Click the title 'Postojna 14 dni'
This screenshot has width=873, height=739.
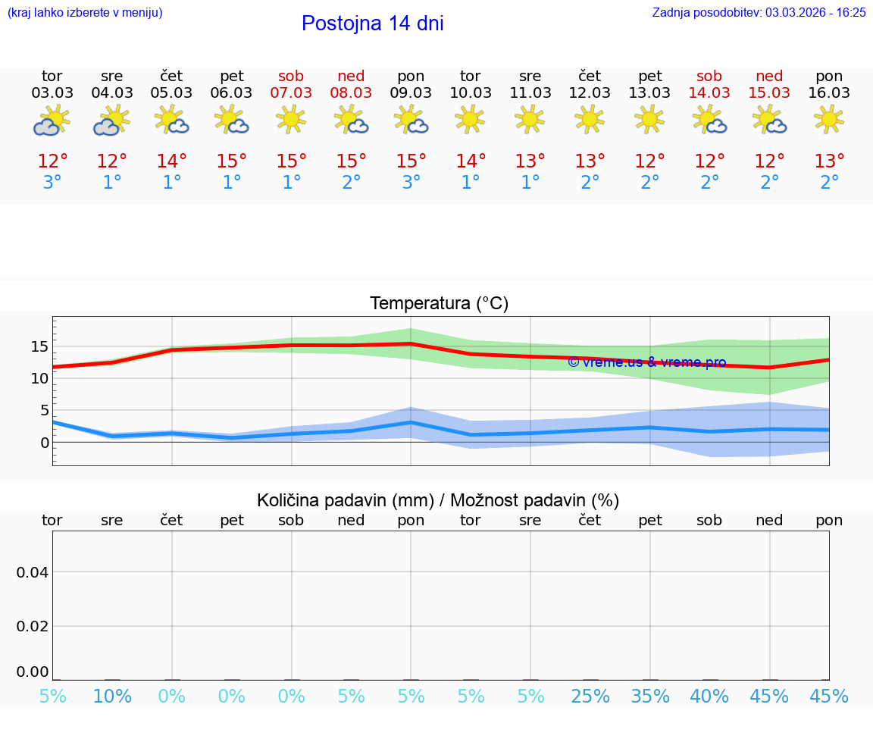[x=372, y=23]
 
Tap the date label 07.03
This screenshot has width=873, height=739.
[x=291, y=93]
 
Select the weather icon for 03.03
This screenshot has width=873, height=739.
[x=52, y=121]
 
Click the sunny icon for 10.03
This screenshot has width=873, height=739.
[x=470, y=119]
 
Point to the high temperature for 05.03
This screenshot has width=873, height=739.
[x=172, y=161]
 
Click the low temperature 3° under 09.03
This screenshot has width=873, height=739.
[x=411, y=183]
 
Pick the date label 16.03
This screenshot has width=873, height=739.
[x=829, y=93]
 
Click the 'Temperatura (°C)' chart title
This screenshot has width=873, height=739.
[x=439, y=304]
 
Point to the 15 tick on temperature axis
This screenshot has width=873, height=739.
[x=39, y=346]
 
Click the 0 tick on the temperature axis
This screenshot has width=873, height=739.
[x=45, y=442]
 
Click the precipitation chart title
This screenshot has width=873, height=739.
[x=438, y=500]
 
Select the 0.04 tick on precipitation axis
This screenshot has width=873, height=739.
[x=33, y=572]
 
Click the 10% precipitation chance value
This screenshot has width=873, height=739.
[x=112, y=697]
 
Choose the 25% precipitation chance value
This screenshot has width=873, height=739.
[x=590, y=697]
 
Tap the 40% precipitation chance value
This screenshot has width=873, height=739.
[x=710, y=697]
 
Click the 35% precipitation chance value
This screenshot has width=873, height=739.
[x=650, y=697]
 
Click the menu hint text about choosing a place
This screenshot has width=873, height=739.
[x=85, y=13]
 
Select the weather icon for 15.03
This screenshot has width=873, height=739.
[x=769, y=121]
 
